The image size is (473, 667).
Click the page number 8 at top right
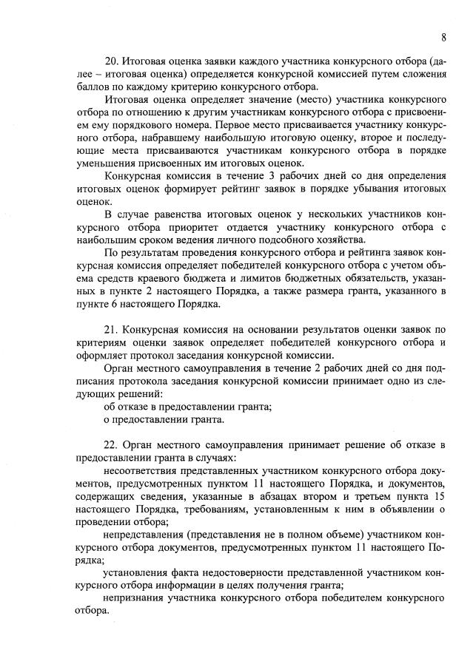[x=443, y=38]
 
